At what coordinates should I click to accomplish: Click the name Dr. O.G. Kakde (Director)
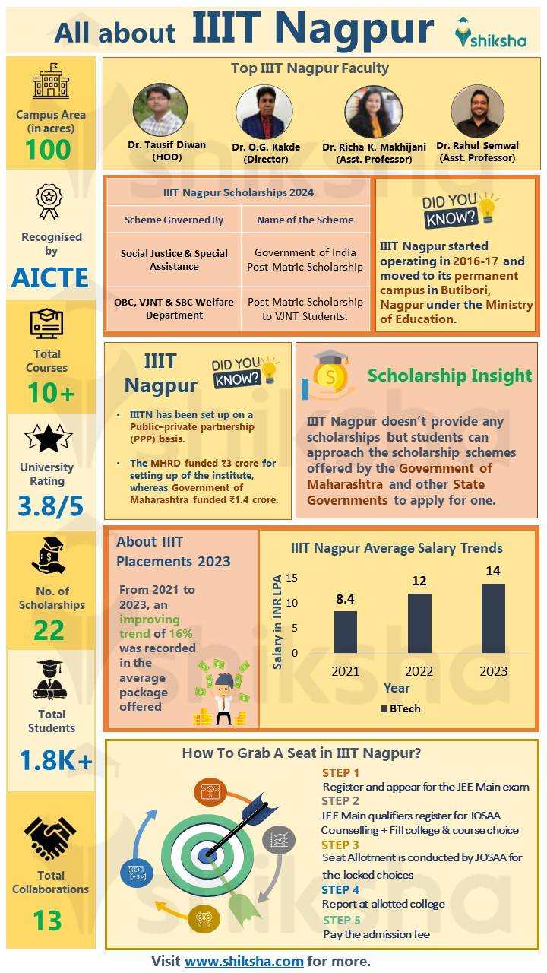coord(266,153)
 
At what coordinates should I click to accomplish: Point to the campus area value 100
coord(48,150)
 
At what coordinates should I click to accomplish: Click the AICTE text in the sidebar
coord(50,277)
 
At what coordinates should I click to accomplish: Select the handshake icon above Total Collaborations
coord(50,838)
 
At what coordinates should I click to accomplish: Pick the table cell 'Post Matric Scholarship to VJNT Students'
coord(305,309)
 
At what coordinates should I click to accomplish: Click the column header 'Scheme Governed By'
coord(174,220)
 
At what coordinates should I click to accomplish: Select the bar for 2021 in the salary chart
coord(346,632)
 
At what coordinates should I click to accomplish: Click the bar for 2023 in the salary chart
coord(493,618)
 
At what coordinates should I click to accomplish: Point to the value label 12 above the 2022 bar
coord(419,581)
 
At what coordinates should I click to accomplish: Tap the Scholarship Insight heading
coord(450,376)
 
